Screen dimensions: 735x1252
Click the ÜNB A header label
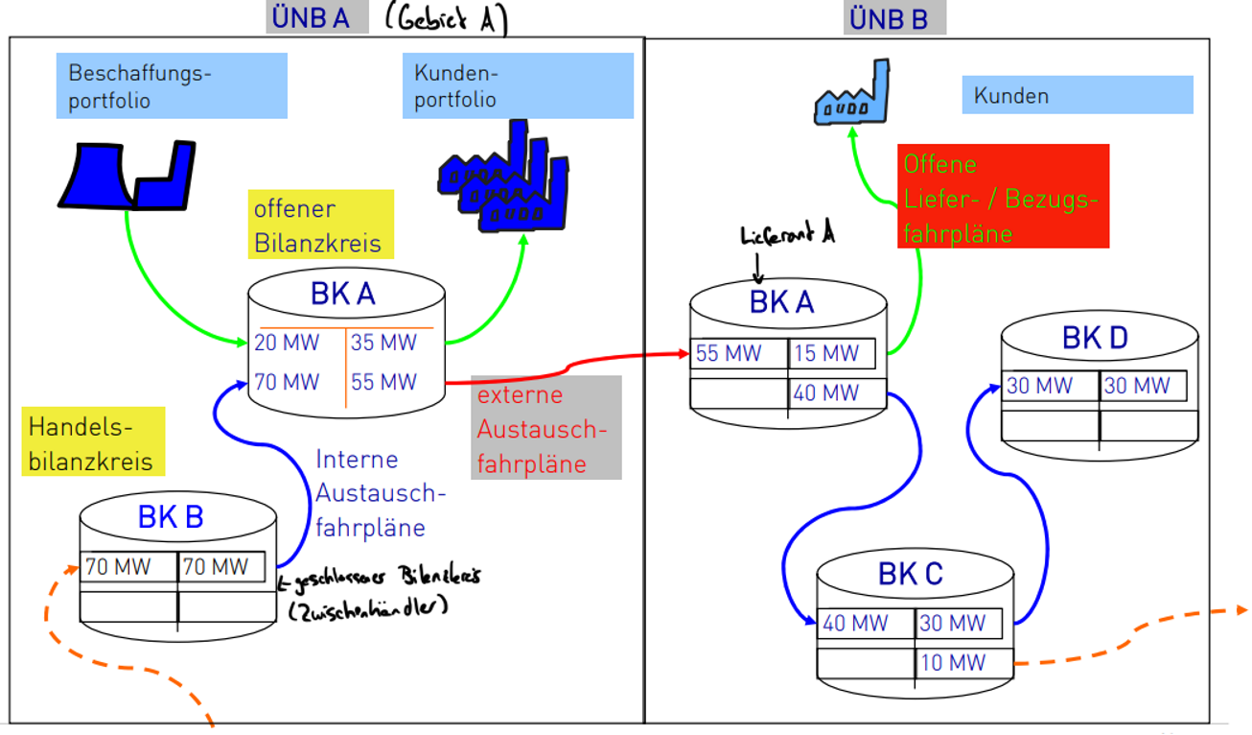pyautogui.click(x=317, y=17)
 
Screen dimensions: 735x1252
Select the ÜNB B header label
pyautogui.click(x=893, y=18)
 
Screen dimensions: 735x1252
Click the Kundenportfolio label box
pyautogui.click(x=518, y=86)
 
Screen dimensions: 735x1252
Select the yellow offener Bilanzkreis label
pyautogui.click(x=320, y=225)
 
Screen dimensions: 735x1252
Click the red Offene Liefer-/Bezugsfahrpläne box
pyautogui.click(x=1003, y=197)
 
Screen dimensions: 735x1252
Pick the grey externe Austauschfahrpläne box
pyautogui.click(x=546, y=428)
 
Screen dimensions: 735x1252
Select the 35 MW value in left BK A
pyautogui.click(x=383, y=343)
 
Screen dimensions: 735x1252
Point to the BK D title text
pyautogui.click(x=1095, y=338)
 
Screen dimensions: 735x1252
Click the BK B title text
pyautogui.click(x=171, y=517)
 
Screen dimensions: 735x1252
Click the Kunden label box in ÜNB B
pyautogui.click(x=1078, y=96)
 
